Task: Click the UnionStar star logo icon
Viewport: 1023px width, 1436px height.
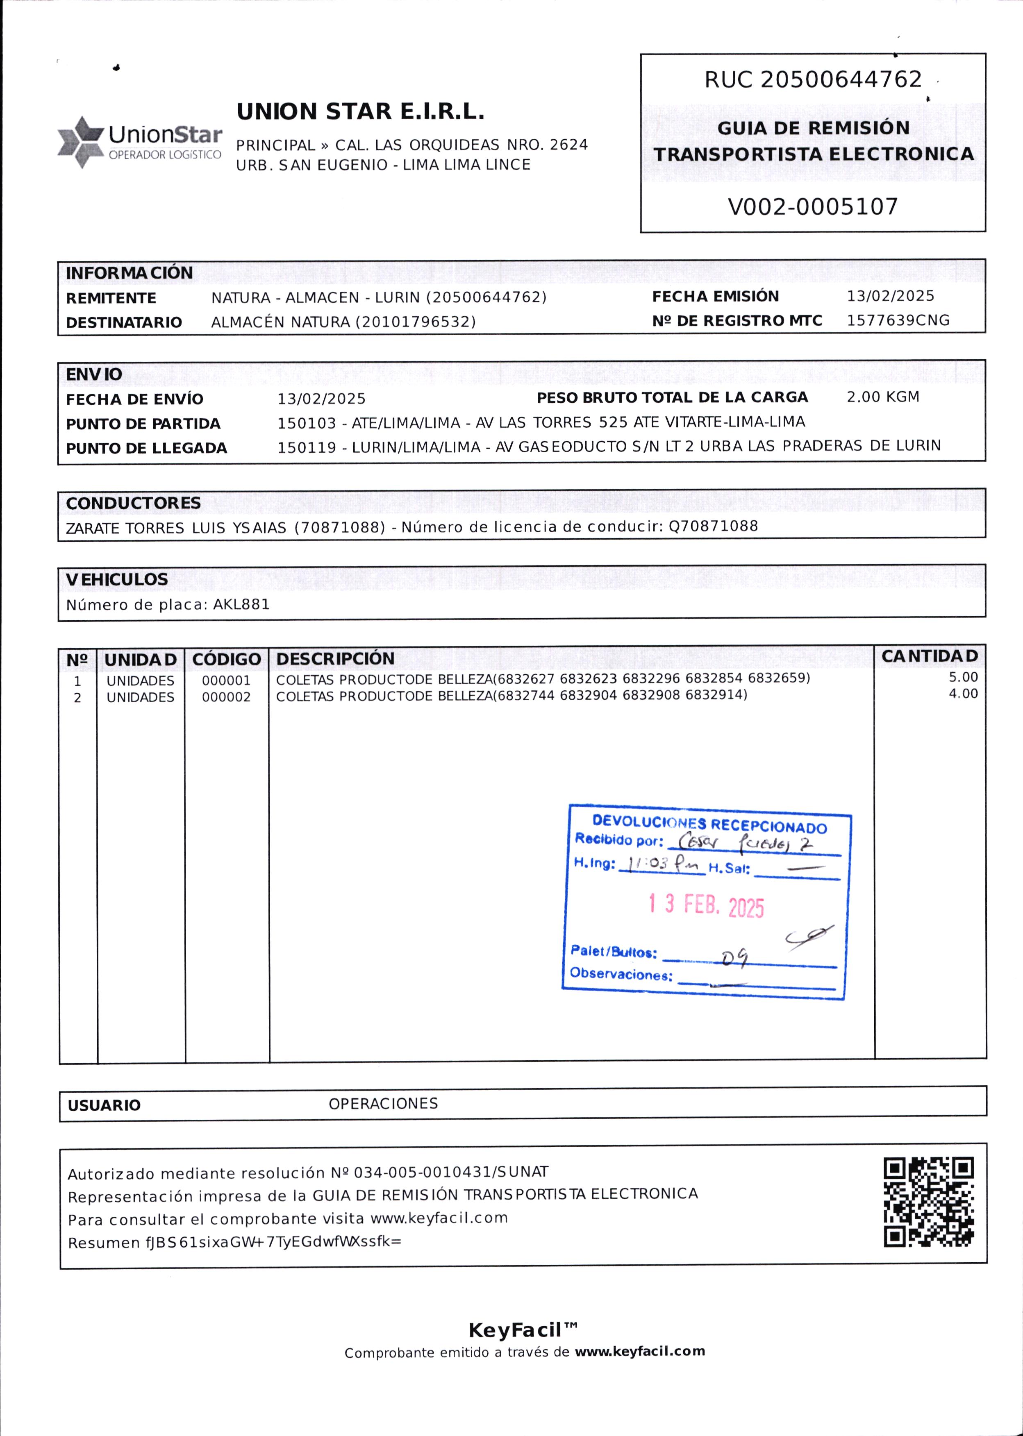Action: pyautogui.click(x=80, y=142)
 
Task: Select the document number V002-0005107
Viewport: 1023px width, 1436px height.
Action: pyautogui.click(x=813, y=206)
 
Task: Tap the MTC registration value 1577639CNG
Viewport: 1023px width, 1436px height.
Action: pyautogui.click(x=898, y=320)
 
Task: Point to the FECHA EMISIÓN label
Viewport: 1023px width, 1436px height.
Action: pyautogui.click(x=715, y=297)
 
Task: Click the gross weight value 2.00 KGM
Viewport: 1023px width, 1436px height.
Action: pyautogui.click(x=882, y=397)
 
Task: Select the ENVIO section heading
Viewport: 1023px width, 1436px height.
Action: pyautogui.click(x=94, y=374)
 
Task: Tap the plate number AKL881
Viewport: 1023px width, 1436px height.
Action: pyautogui.click(x=241, y=604)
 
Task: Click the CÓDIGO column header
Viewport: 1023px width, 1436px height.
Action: pyautogui.click(x=226, y=659)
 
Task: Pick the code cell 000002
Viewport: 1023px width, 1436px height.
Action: pyautogui.click(x=226, y=697)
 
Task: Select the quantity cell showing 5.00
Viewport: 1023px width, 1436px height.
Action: pyautogui.click(x=963, y=677)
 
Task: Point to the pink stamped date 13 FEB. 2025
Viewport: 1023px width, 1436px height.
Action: pyautogui.click(x=706, y=905)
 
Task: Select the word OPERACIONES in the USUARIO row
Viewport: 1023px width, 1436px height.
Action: pyautogui.click(x=383, y=1104)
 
